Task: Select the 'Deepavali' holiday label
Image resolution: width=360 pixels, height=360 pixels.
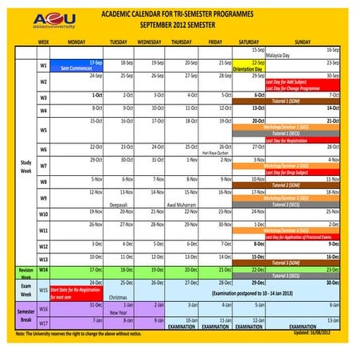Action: click(x=118, y=205)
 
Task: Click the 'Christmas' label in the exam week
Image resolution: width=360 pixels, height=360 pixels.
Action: click(x=118, y=296)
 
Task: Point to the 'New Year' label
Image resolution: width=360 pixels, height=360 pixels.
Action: click(x=118, y=313)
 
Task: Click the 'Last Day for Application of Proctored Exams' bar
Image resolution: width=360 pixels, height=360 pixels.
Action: click(x=303, y=237)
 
